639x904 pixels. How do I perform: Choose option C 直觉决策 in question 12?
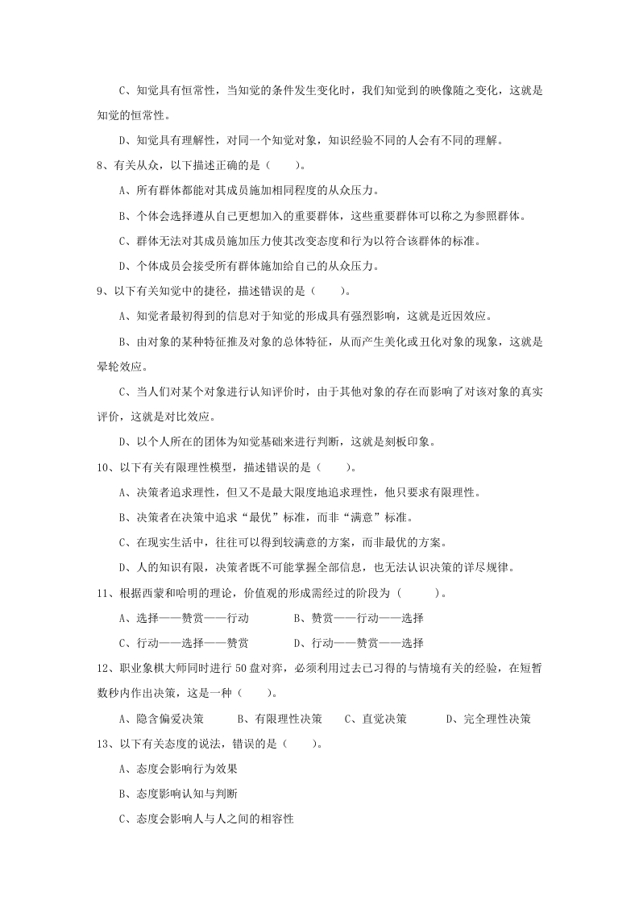376,719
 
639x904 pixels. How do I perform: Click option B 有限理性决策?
280,719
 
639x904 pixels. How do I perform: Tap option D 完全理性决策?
488,719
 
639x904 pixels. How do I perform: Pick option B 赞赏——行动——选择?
359,618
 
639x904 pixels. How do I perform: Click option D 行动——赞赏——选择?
359,643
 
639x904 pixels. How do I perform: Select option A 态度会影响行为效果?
177,769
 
